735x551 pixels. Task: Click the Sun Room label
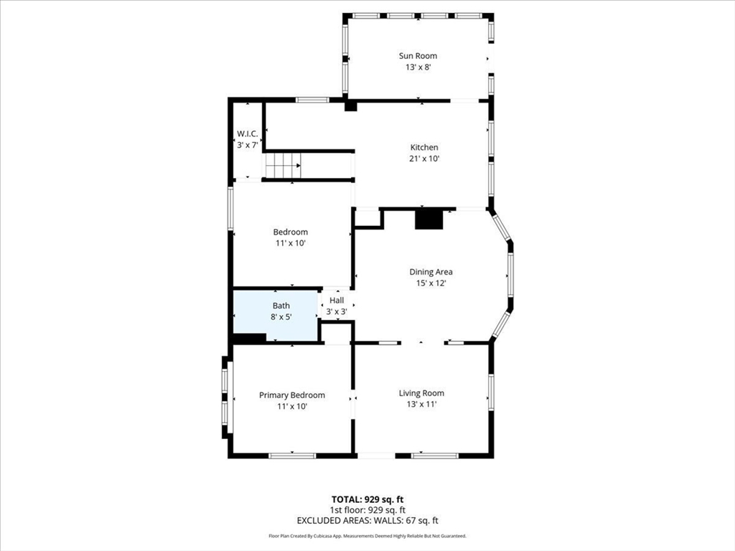point(418,56)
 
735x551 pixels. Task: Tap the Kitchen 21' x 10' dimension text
point(424,159)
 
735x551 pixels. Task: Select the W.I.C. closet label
point(247,134)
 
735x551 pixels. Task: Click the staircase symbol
point(283,166)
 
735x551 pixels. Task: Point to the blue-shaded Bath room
point(276,316)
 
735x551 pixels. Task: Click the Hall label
point(337,301)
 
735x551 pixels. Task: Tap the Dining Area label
point(431,272)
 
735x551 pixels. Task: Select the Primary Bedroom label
point(292,395)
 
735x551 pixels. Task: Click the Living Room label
point(421,393)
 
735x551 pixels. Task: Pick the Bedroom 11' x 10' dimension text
point(291,243)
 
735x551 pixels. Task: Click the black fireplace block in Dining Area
point(429,220)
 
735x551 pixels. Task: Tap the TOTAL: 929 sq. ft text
point(367,499)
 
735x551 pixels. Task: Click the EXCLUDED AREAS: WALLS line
point(367,520)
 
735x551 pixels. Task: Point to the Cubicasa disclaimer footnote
point(367,535)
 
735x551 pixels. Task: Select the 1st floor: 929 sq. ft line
point(367,510)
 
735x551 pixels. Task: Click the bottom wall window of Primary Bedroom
point(292,456)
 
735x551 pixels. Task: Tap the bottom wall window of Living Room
point(434,456)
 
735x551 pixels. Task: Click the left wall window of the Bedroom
point(230,209)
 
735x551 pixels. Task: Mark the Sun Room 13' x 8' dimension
point(418,67)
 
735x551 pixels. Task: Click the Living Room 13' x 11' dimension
point(421,405)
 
